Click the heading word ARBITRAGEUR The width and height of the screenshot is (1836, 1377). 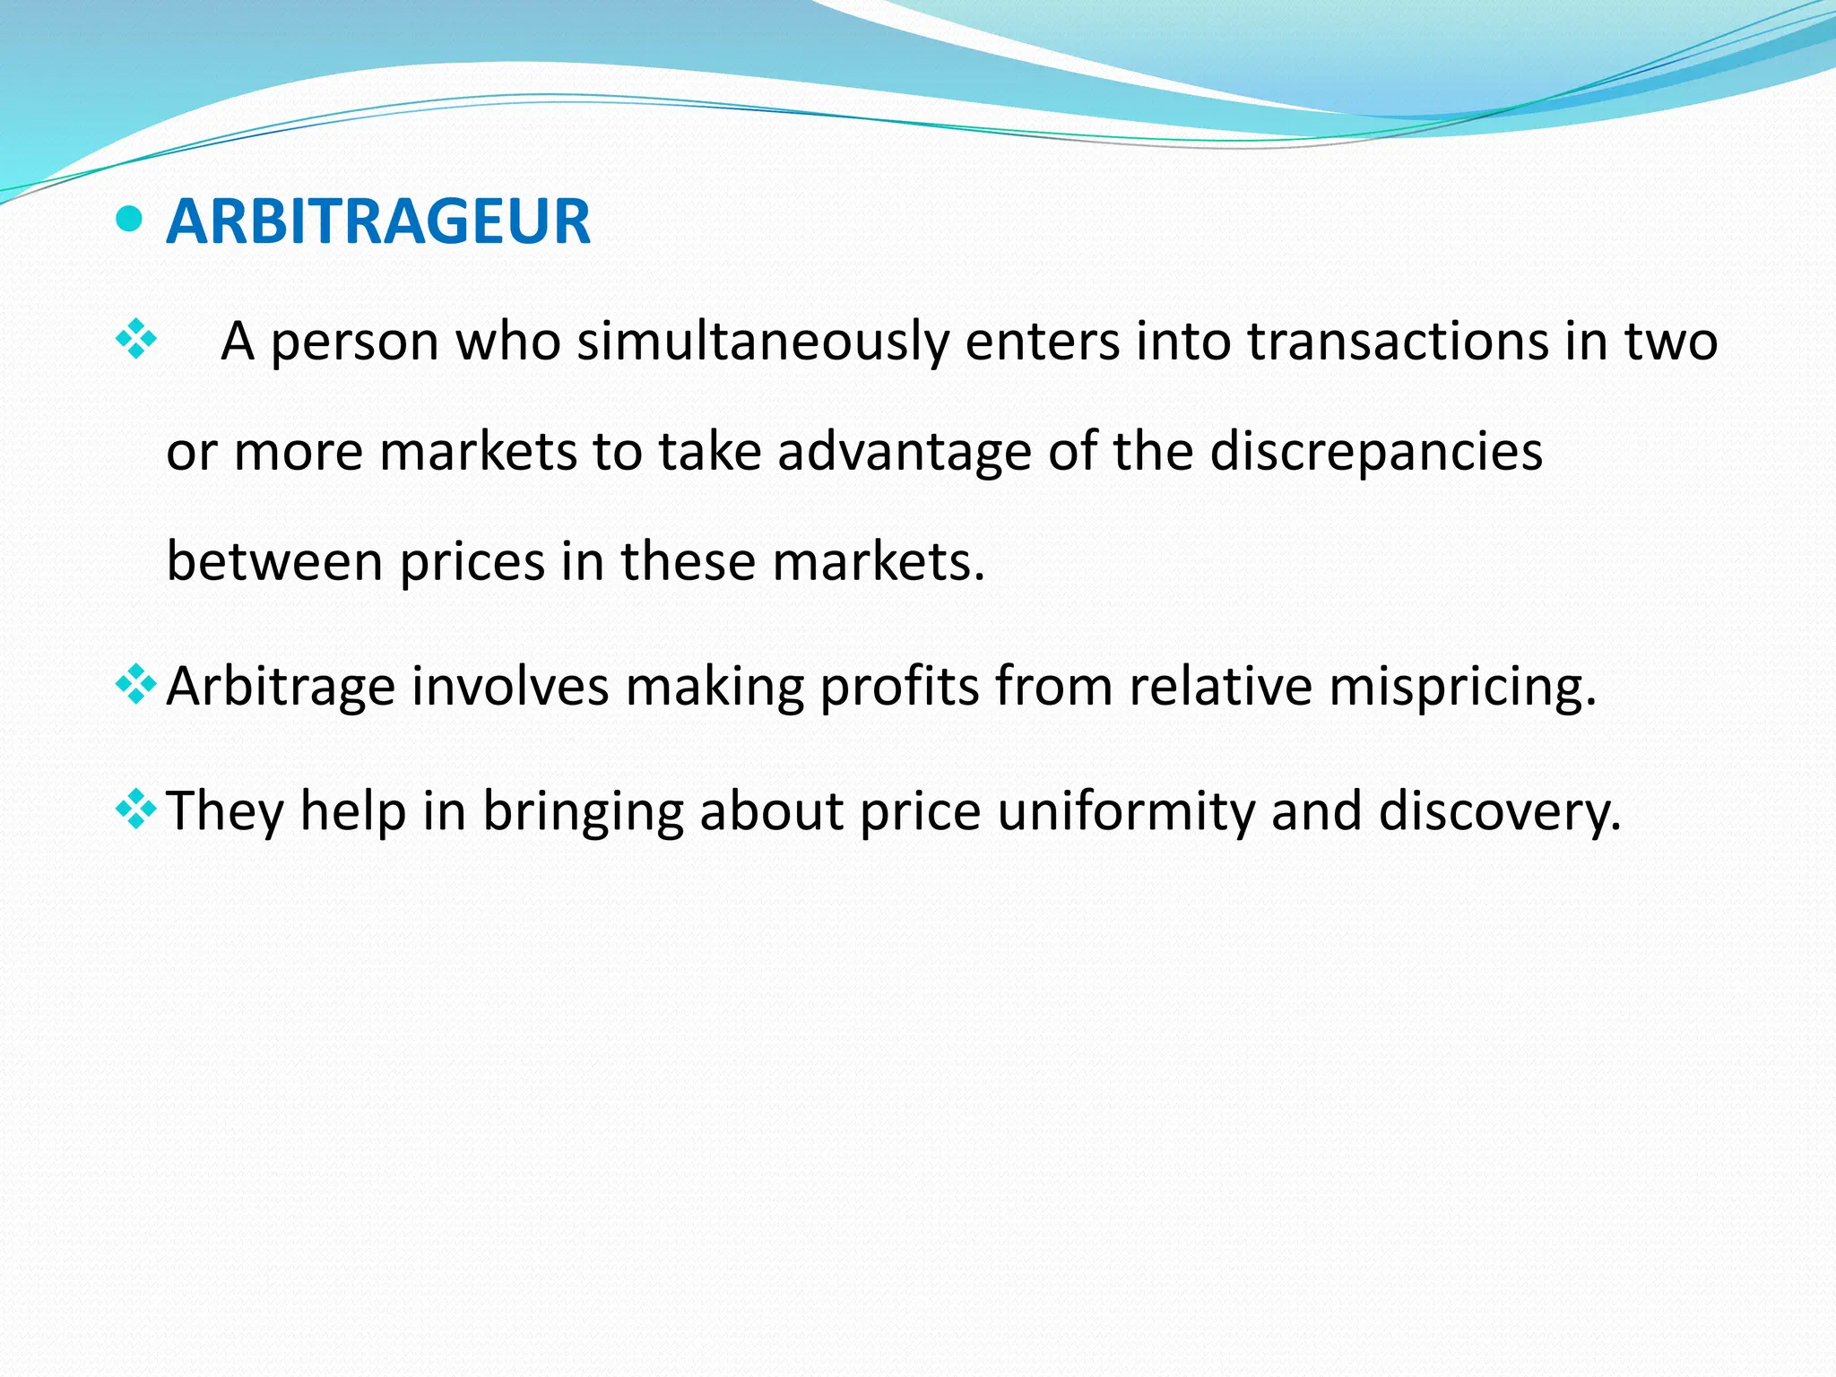pos(378,221)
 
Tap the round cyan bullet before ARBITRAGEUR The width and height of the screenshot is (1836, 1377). pos(130,218)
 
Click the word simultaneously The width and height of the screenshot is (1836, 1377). pos(763,342)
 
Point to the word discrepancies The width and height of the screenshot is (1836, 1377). pos(1376,451)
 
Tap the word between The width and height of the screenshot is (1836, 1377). pos(274,561)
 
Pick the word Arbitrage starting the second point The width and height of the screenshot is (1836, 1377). pos(281,688)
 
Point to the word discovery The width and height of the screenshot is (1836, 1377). pos(1499,811)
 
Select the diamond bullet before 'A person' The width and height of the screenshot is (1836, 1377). pos(136,340)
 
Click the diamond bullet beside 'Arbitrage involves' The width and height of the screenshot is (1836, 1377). pos(136,686)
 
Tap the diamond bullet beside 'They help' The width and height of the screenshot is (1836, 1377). pos(136,810)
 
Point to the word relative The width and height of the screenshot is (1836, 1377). pos(1220,686)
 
